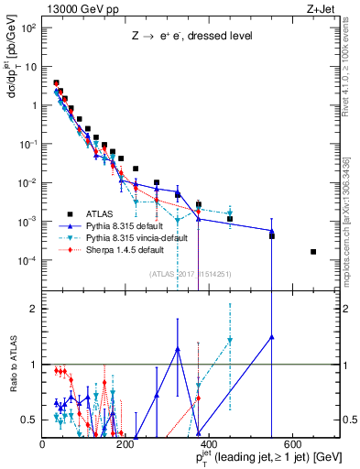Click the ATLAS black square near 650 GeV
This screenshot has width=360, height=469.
[x=313, y=252]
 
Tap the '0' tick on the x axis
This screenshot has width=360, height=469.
[x=43, y=444]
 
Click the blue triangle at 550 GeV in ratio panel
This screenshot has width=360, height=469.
[x=272, y=336]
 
